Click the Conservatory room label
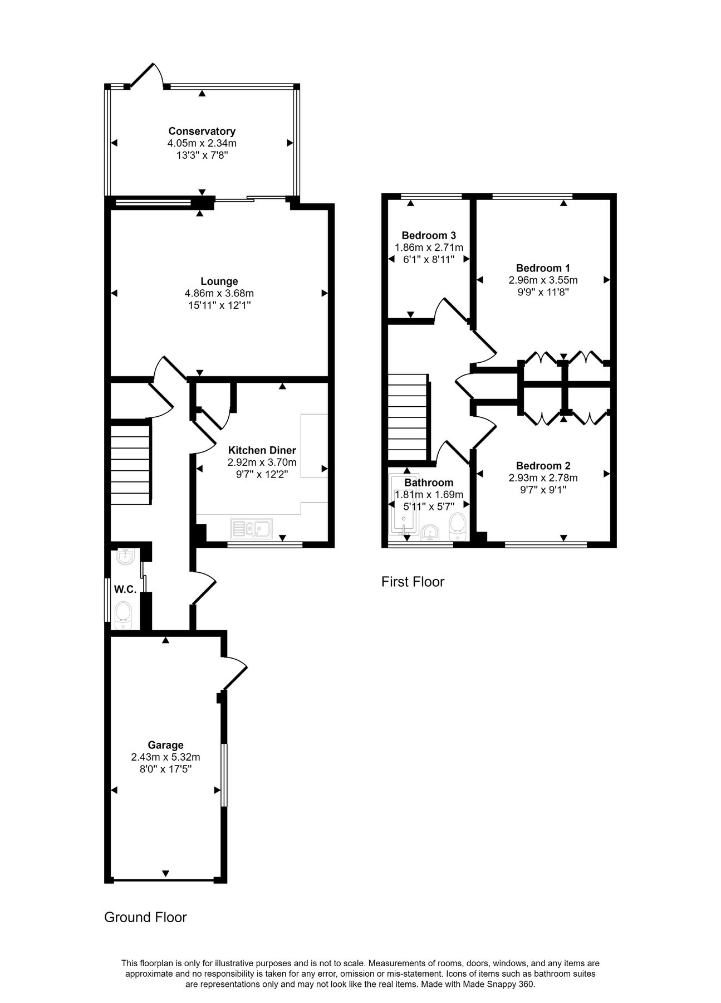(202, 131)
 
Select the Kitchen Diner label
(262, 450)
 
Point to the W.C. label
(125, 589)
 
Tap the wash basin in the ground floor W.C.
(125, 556)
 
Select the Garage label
(165, 745)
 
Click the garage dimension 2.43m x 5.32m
(165, 757)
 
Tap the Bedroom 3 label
(429, 235)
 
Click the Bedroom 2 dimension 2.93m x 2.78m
(543, 478)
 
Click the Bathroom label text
(429, 483)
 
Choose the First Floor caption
(413, 582)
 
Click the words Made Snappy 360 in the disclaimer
(504, 985)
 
